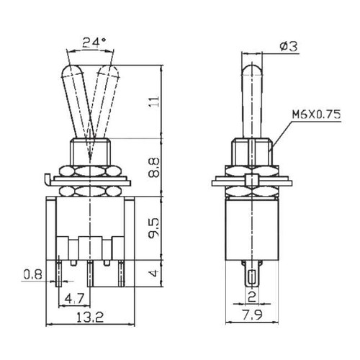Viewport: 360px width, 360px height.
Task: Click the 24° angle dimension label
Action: (x=94, y=43)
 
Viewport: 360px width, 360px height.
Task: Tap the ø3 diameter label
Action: (x=289, y=46)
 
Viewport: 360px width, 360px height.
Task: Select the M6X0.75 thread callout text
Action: (x=316, y=114)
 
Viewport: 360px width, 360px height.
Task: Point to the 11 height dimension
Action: (x=155, y=102)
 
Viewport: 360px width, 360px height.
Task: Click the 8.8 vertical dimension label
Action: (x=154, y=168)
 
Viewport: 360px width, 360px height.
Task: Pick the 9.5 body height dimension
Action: (x=154, y=228)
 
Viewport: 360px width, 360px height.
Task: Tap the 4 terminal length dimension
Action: (x=155, y=273)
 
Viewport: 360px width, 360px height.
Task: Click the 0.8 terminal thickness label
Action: (x=33, y=274)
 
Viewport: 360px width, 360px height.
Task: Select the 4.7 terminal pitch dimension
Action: (x=74, y=299)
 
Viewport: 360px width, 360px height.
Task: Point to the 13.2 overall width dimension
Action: (x=90, y=318)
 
